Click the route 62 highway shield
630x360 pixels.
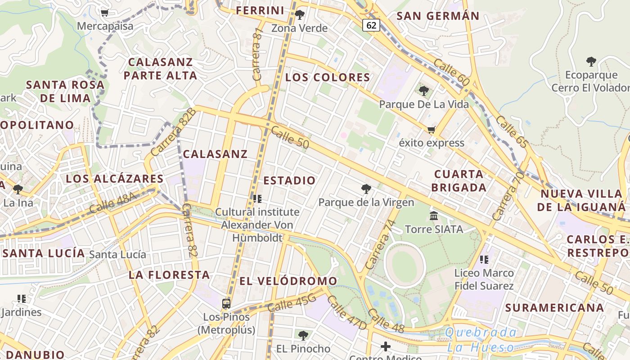371,25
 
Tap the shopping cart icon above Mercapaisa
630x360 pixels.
105,13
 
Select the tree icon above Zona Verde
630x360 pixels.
300,15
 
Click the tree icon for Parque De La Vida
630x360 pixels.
423,91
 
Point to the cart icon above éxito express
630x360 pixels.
431,130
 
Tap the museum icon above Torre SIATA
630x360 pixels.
434,216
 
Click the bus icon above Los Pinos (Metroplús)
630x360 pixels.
226,304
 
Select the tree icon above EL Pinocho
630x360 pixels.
303,335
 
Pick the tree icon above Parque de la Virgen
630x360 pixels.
366,189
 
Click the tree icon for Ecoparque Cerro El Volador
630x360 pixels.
591,62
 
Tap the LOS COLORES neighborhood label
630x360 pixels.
328,77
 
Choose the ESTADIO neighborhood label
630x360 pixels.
289,181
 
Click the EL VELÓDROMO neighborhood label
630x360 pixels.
288,281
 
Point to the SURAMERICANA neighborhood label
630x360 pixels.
554,308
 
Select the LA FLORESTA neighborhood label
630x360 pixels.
170,275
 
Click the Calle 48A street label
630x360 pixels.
112,203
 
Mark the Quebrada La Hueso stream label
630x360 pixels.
481,340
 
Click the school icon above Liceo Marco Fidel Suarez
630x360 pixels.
484,259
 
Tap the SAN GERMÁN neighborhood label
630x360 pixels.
438,16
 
